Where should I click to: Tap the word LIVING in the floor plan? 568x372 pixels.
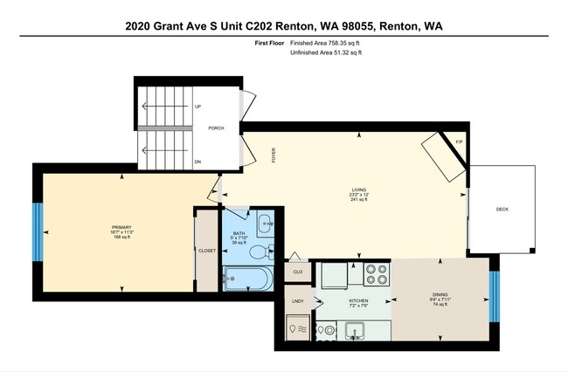tap(358, 189)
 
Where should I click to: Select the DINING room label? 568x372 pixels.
tap(440, 294)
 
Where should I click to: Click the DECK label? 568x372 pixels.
tap(502, 210)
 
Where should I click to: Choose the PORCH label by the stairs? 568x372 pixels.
tap(216, 128)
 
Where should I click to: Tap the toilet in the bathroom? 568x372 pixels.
tap(259, 252)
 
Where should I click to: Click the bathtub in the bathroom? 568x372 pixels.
tap(249, 279)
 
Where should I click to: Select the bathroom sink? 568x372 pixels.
tap(264, 223)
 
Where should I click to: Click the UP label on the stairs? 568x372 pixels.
tap(198, 107)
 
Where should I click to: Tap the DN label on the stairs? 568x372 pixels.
tap(198, 161)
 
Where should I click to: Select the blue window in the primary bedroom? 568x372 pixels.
tap(38, 231)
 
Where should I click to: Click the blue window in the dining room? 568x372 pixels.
tap(494, 295)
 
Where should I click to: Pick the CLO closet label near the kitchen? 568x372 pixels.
tap(297, 272)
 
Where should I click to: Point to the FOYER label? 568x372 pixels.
tap(274, 156)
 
